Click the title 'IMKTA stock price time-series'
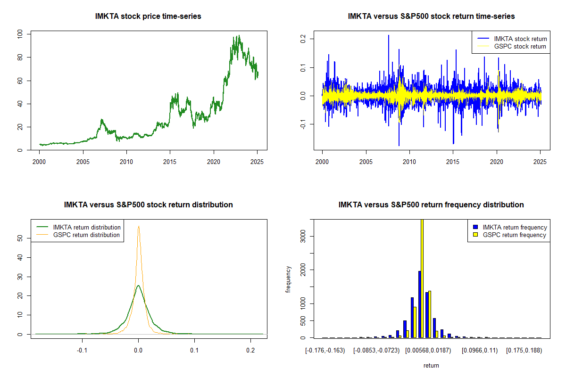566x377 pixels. (x=148, y=16)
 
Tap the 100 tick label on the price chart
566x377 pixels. (x=20, y=34)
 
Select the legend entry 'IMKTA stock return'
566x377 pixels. (x=520, y=39)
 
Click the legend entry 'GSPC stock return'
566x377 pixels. (x=520, y=46)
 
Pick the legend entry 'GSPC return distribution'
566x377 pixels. (x=86, y=235)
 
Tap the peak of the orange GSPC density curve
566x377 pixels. (x=139, y=226)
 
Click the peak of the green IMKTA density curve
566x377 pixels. (x=138, y=285)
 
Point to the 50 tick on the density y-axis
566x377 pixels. (x=20, y=238)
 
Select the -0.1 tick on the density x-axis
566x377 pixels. (x=83, y=350)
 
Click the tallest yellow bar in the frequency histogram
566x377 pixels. (x=422, y=278)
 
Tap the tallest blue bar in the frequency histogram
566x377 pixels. (x=419, y=304)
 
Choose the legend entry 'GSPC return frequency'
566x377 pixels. (x=514, y=235)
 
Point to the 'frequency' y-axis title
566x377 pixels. (x=288, y=279)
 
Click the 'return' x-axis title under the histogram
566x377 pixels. (x=431, y=365)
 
